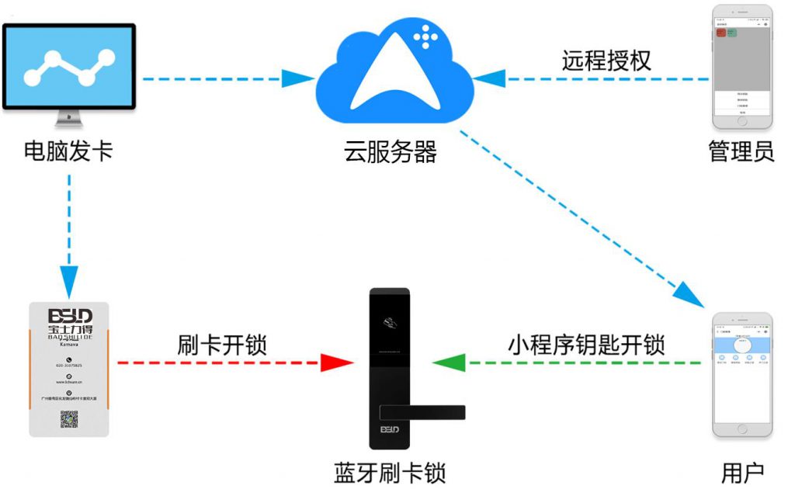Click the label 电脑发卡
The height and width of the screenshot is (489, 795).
[x=68, y=150]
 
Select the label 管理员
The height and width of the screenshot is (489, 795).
[x=741, y=151]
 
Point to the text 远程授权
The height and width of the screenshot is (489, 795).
[x=606, y=61]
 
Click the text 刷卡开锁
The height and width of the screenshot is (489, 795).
[x=222, y=344]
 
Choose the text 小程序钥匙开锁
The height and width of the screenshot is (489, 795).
[x=587, y=344]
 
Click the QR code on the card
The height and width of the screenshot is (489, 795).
[x=70, y=419]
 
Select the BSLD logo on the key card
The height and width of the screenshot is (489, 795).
[x=70, y=316]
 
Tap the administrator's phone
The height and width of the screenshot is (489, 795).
[x=742, y=68]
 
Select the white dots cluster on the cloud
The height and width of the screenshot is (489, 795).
[x=425, y=36]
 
